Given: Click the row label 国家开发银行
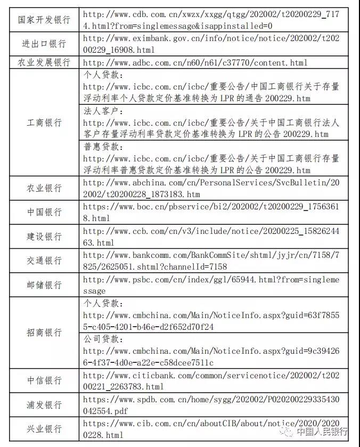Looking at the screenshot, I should click(x=44, y=20).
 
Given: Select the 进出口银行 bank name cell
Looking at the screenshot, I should click(x=44, y=44).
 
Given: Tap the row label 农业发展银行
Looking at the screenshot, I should click(x=44, y=62).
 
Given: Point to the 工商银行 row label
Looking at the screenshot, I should click(x=44, y=122).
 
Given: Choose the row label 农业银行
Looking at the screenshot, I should click(x=44, y=188).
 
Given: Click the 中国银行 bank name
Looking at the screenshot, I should click(x=44, y=212).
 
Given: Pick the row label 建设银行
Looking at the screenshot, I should click(x=44, y=236).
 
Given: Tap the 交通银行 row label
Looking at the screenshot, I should click(x=44, y=261).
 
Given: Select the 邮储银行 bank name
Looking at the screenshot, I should click(x=44, y=285).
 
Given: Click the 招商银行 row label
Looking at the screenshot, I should click(x=44, y=332).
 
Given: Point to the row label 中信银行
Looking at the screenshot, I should click(x=44, y=380).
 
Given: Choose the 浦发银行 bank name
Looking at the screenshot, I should click(x=44, y=404).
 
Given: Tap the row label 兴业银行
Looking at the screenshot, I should click(x=44, y=429).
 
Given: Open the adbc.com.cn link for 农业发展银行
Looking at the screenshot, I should click(x=195, y=63).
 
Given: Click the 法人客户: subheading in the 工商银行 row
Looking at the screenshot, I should click(x=104, y=110).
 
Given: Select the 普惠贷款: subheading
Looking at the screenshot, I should click(x=104, y=147).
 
